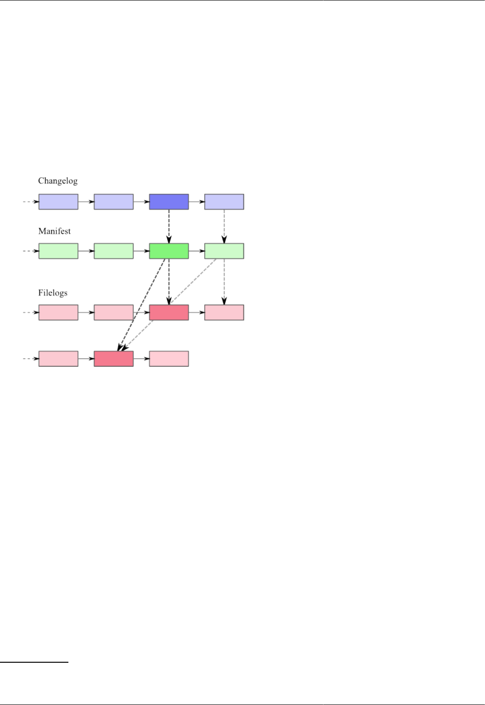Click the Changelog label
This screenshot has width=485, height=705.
[x=57, y=181]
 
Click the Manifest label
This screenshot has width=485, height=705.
[x=54, y=231]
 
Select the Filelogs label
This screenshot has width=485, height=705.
[x=53, y=293]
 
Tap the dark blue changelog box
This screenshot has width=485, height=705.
[x=169, y=202]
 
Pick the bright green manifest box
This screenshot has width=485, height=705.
[x=169, y=251]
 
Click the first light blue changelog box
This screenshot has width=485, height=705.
[x=58, y=202]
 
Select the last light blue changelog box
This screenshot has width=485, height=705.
[x=224, y=202]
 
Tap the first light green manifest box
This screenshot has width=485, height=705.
[x=58, y=251]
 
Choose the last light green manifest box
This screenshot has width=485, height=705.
[x=224, y=251]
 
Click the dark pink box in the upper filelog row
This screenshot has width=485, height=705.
[x=169, y=313]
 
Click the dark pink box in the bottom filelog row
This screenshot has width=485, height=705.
[x=114, y=359]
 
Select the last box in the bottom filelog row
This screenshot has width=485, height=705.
[x=169, y=359]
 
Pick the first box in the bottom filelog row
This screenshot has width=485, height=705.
[x=58, y=359]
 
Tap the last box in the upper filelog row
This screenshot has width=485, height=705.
[x=224, y=313]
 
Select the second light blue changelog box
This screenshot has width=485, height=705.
[x=114, y=202]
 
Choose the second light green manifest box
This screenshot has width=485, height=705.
[x=114, y=251]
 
